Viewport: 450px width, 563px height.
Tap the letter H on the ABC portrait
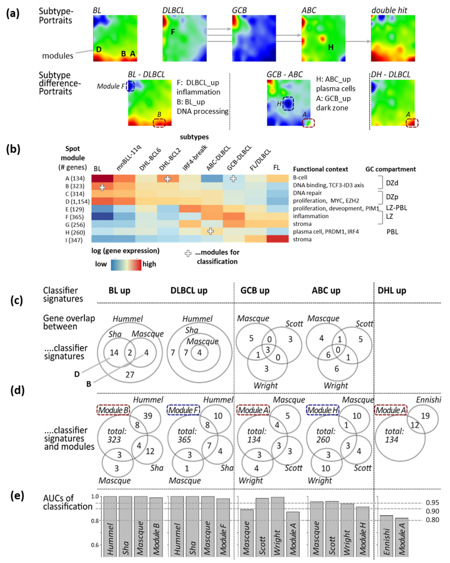tap(331, 47)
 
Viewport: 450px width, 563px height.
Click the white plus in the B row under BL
tap(102, 187)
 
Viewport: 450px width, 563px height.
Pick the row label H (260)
tap(75, 232)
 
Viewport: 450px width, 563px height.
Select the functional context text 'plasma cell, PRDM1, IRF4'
tap(326, 232)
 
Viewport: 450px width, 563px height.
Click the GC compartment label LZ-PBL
tap(396, 208)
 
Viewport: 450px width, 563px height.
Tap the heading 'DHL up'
tap(392, 290)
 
